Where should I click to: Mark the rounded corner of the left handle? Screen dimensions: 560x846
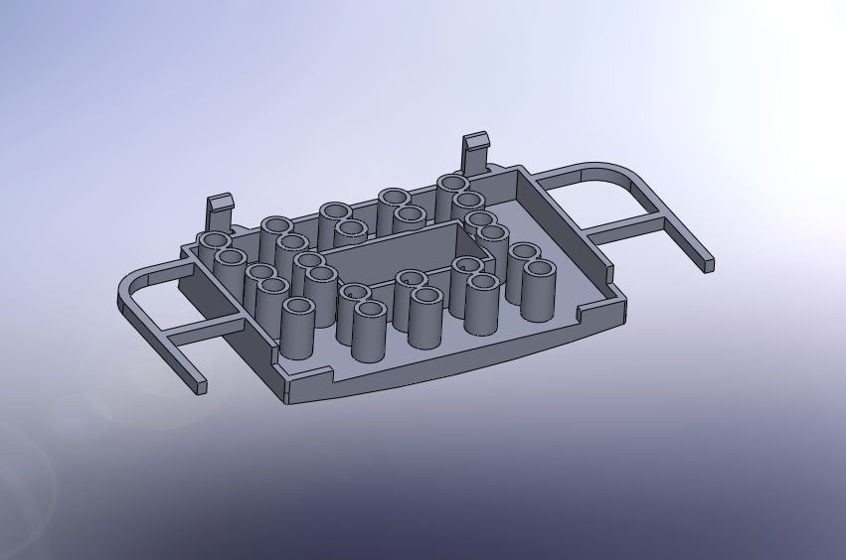pyautogui.click(x=129, y=287)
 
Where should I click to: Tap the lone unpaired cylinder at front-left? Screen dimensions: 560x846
pyautogui.click(x=297, y=329)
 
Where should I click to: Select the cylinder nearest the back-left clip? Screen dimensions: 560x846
pyautogui.click(x=214, y=246)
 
